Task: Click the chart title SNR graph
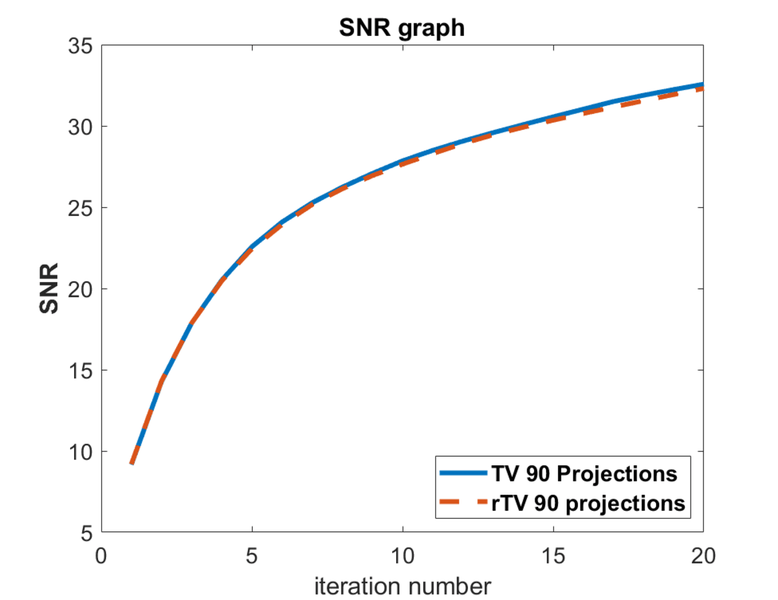click(x=401, y=28)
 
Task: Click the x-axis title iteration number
click(x=403, y=586)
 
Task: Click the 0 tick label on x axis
click(x=101, y=555)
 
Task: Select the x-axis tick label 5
click(x=252, y=555)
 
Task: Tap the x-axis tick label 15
click(x=553, y=555)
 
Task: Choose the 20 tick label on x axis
click(x=703, y=555)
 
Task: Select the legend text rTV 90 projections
click(x=588, y=503)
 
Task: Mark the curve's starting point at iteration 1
click(x=132, y=463)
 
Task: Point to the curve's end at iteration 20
click(x=703, y=86)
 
